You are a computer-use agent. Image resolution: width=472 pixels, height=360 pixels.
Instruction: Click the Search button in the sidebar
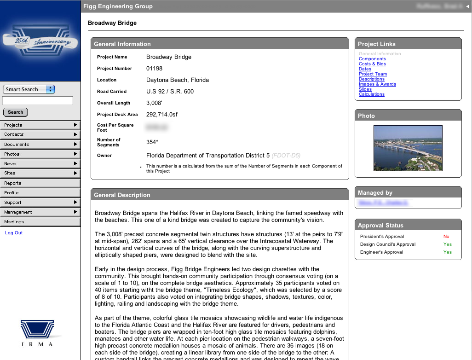(x=16, y=112)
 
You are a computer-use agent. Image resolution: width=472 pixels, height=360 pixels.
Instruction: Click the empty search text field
(x=38, y=100)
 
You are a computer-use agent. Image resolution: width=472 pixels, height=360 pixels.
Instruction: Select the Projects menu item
(x=40, y=125)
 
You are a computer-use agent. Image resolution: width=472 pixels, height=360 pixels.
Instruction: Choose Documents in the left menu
(x=40, y=144)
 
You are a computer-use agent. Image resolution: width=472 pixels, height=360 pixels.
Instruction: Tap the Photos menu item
(x=40, y=154)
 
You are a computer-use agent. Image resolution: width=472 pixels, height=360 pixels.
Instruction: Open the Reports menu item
(x=40, y=183)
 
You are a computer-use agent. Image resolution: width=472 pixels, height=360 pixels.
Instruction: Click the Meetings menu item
(x=40, y=221)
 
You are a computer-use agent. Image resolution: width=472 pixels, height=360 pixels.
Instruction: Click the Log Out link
(x=14, y=233)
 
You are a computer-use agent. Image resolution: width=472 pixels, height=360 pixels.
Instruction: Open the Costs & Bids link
(x=372, y=64)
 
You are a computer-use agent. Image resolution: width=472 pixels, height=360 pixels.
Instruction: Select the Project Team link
(x=373, y=74)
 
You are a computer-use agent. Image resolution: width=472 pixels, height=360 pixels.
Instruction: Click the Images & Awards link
(x=377, y=84)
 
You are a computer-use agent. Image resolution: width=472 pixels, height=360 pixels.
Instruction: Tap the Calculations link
(x=371, y=94)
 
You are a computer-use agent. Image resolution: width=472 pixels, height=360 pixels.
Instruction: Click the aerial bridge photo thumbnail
(x=408, y=148)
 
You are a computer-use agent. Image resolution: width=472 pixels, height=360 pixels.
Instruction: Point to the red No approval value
(x=446, y=237)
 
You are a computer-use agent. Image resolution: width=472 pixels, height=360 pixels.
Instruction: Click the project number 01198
(x=154, y=69)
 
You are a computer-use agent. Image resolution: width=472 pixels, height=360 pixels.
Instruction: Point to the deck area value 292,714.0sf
(x=162, y=114)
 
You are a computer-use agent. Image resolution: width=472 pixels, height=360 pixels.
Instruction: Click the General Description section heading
(x=122, y=195)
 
